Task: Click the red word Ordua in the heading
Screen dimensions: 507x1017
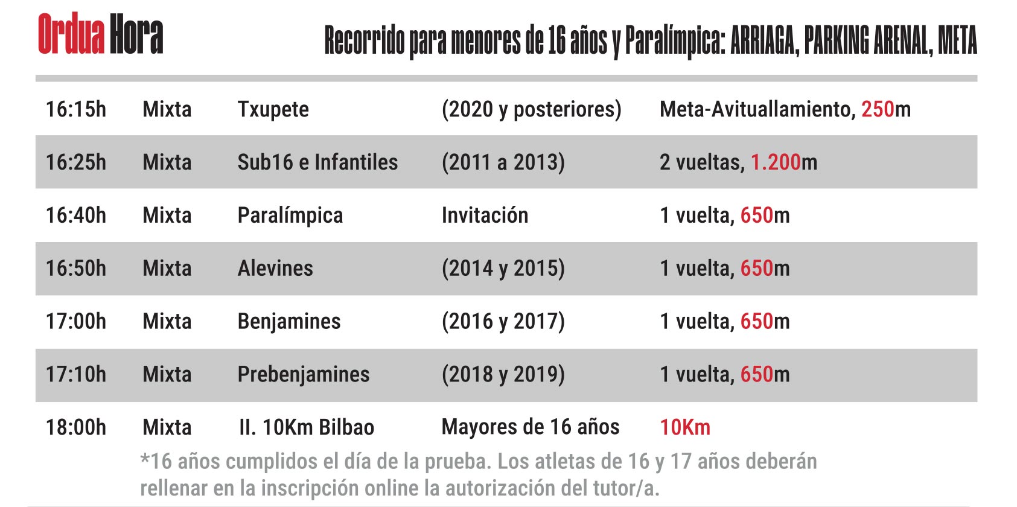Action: [71, 34]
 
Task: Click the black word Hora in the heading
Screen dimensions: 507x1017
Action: [136, 34]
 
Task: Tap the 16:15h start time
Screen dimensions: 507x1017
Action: [76, 109]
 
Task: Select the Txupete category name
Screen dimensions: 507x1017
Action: [273, 109]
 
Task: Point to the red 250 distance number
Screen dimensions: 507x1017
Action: [877, 109]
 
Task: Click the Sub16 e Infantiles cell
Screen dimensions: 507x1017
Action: [317, 162]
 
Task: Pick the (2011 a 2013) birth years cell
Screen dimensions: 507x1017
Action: [503, 162]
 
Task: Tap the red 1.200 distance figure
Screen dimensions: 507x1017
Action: [775, 162]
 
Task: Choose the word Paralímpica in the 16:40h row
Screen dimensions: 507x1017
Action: [290, 215]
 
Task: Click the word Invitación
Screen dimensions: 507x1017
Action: [485, 215]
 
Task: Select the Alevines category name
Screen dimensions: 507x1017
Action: [275, 269]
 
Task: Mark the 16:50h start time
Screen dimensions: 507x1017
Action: [76, 269]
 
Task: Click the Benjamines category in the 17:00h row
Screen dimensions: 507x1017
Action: [289, 322]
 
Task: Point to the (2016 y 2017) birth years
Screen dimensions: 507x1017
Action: [503, 322]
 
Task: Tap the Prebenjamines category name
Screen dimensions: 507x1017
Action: [303, 375]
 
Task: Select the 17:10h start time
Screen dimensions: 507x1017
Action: [76, 375]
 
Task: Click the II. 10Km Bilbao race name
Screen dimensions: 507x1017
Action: [307, 427]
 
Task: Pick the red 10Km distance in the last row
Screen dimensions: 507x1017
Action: [685, 427]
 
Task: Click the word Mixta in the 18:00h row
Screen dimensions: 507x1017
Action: [167, 427]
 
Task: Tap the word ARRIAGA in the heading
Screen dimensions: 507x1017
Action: [765, 41]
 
